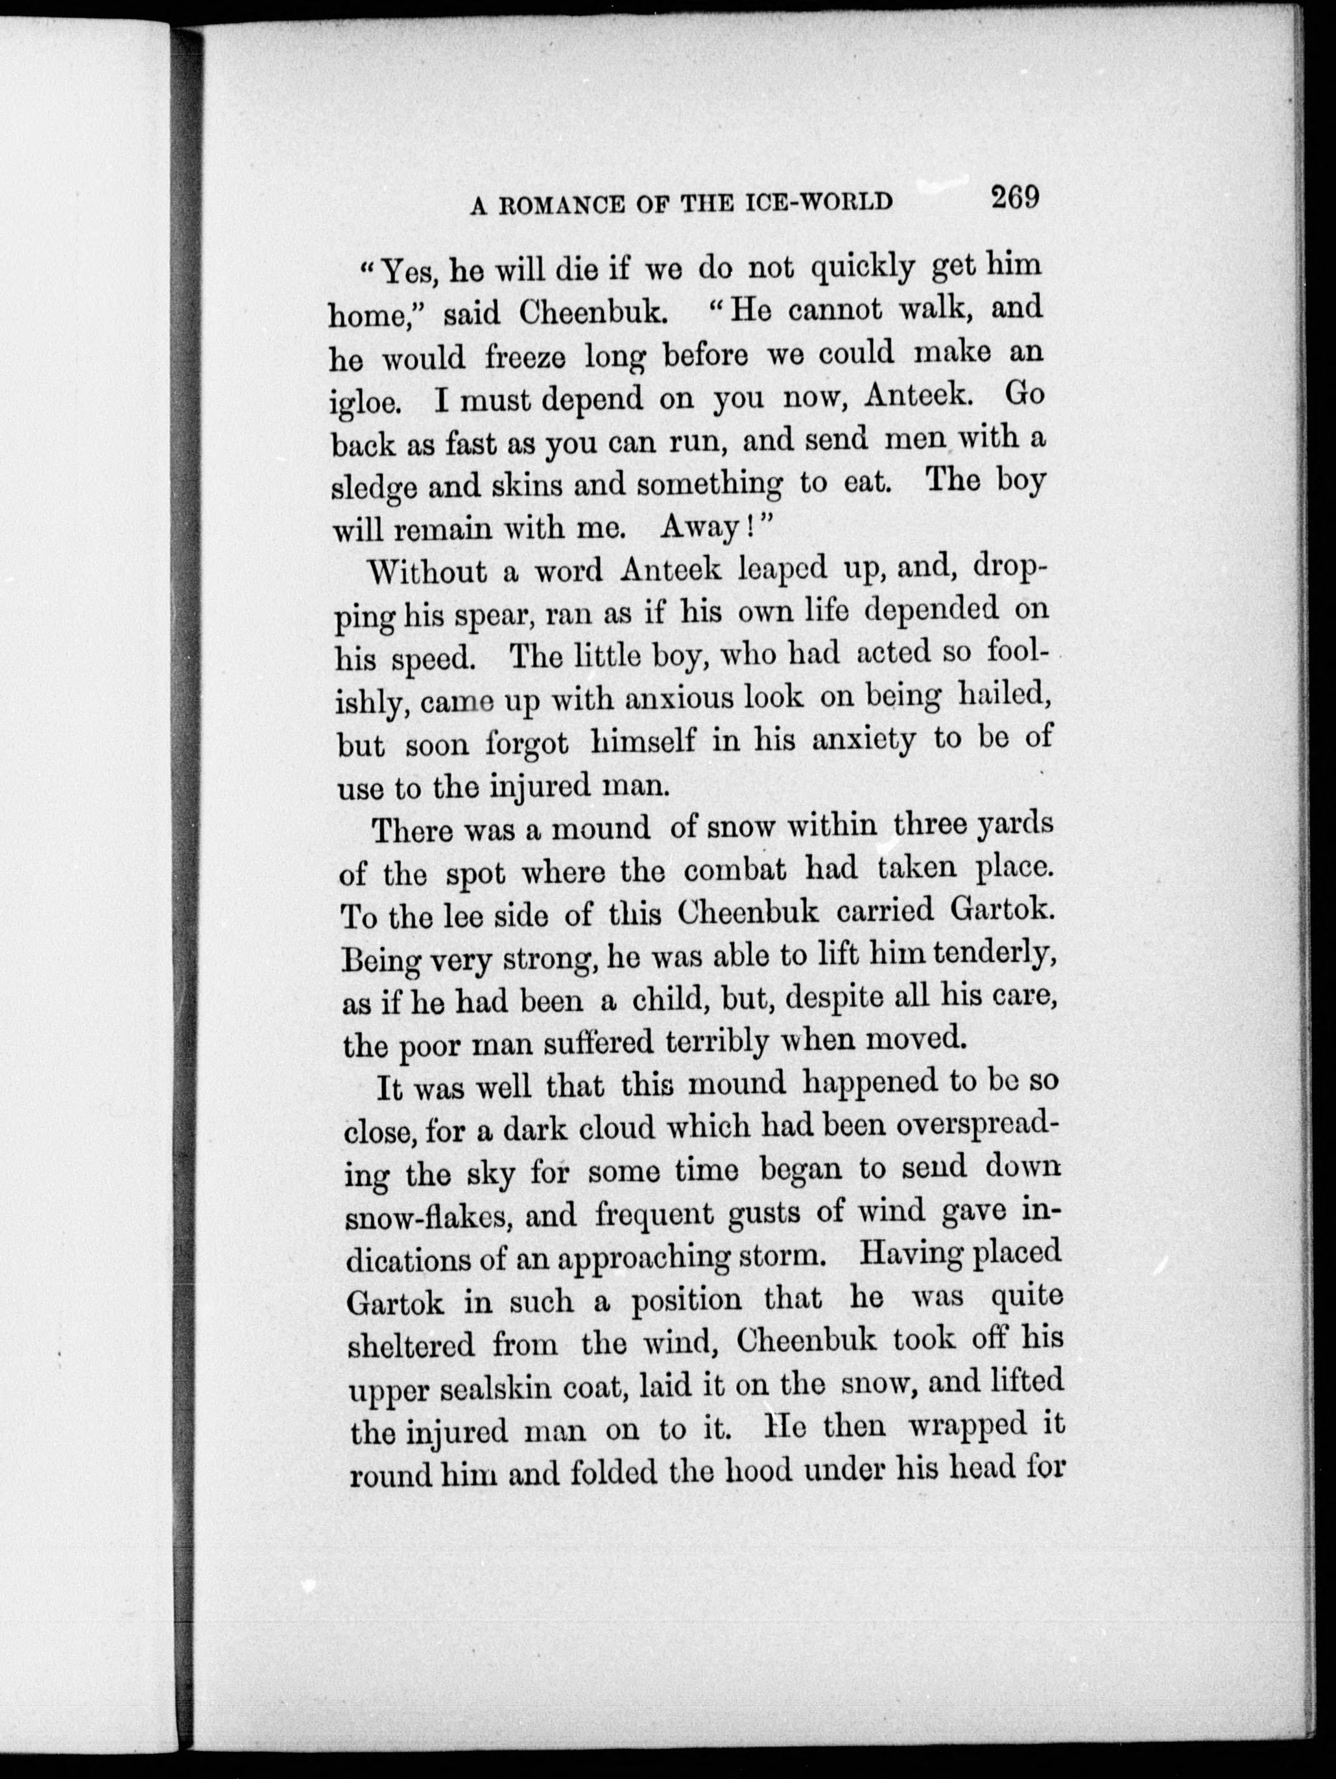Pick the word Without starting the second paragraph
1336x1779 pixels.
point(426,572)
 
